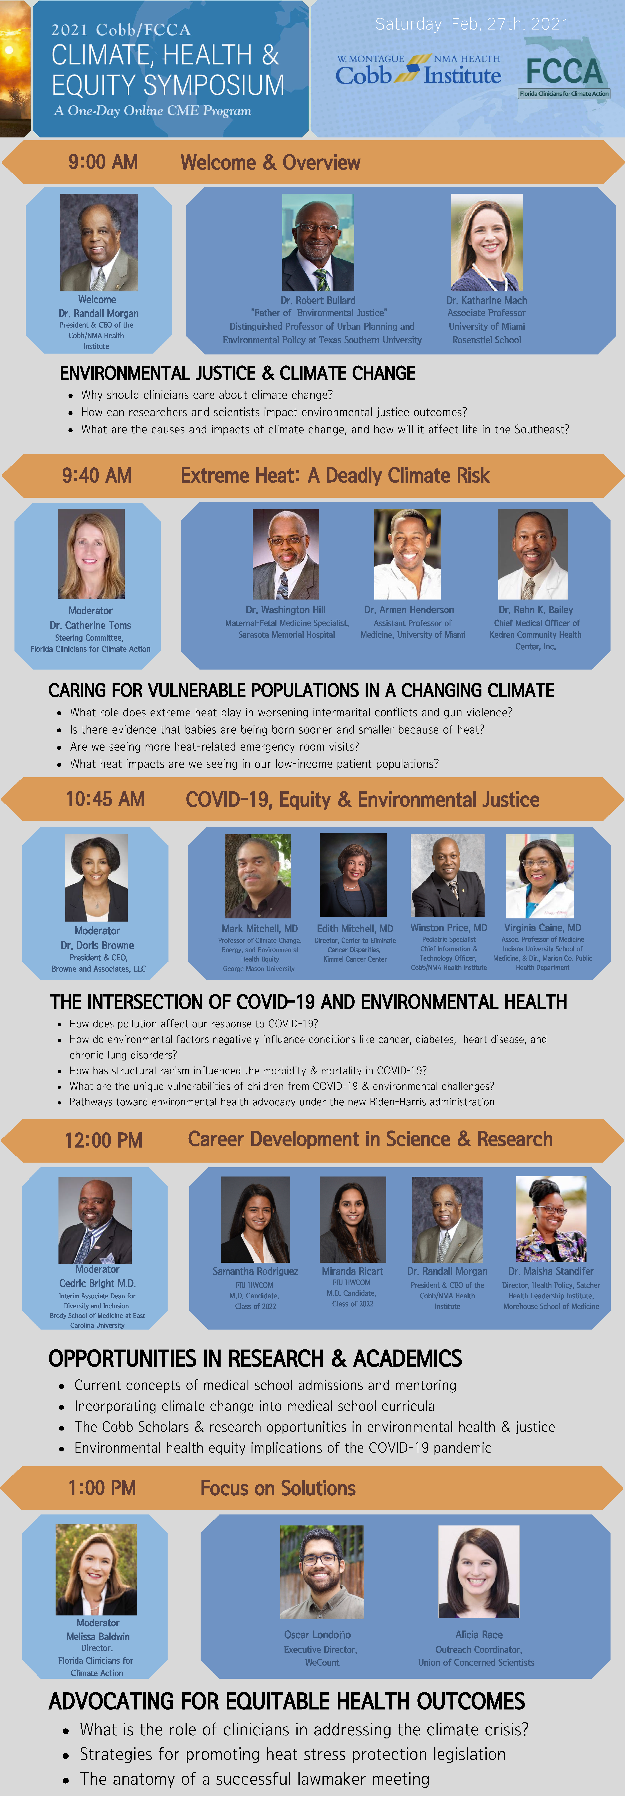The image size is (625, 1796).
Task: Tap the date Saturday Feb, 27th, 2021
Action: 472,24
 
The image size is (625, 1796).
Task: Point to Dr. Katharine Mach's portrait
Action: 487,243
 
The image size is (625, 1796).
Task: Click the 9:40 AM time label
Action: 97,475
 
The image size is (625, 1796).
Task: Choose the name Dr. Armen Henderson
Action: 409,610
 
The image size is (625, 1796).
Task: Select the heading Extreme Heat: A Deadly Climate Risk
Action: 335,475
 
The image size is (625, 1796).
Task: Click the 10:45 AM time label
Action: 105,799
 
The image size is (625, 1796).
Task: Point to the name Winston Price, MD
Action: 448,928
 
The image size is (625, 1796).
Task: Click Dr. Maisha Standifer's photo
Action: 551,1219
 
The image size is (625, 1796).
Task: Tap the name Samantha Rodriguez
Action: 255,1271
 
